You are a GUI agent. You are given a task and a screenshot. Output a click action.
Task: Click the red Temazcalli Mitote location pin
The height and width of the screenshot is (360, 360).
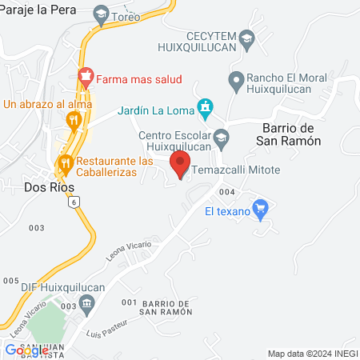(x=180, y=164)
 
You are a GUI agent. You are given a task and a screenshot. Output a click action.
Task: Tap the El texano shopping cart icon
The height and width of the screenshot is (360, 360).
(x=259, y=210)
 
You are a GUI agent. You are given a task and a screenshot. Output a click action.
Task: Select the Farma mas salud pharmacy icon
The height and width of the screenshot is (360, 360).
(x=86, y=78)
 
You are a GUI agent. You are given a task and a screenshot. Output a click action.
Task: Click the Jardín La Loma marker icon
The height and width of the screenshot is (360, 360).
(x=206, y=107)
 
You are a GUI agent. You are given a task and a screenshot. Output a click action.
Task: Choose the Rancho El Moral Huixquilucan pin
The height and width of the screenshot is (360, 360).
(x=235, y=79)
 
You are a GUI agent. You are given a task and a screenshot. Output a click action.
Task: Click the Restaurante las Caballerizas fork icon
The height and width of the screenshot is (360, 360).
(x=65, y=165)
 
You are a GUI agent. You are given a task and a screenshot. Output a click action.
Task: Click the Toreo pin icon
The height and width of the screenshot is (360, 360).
(x=102, y=14)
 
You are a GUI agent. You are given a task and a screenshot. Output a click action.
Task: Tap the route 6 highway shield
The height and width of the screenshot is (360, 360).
(x=74, y=204)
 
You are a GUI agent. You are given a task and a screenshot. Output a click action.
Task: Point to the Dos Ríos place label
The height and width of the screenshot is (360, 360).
(x=49, y=188)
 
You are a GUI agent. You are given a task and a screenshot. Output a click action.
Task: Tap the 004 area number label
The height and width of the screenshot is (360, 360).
(x=226, y=192)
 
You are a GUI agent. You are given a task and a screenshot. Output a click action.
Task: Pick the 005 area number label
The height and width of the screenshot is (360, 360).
(x=10, y=280)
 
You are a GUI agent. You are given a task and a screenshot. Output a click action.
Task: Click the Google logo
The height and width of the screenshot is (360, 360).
(x=26, y=350)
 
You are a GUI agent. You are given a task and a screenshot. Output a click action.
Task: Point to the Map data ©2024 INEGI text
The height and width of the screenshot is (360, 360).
(x=312, y=353)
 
